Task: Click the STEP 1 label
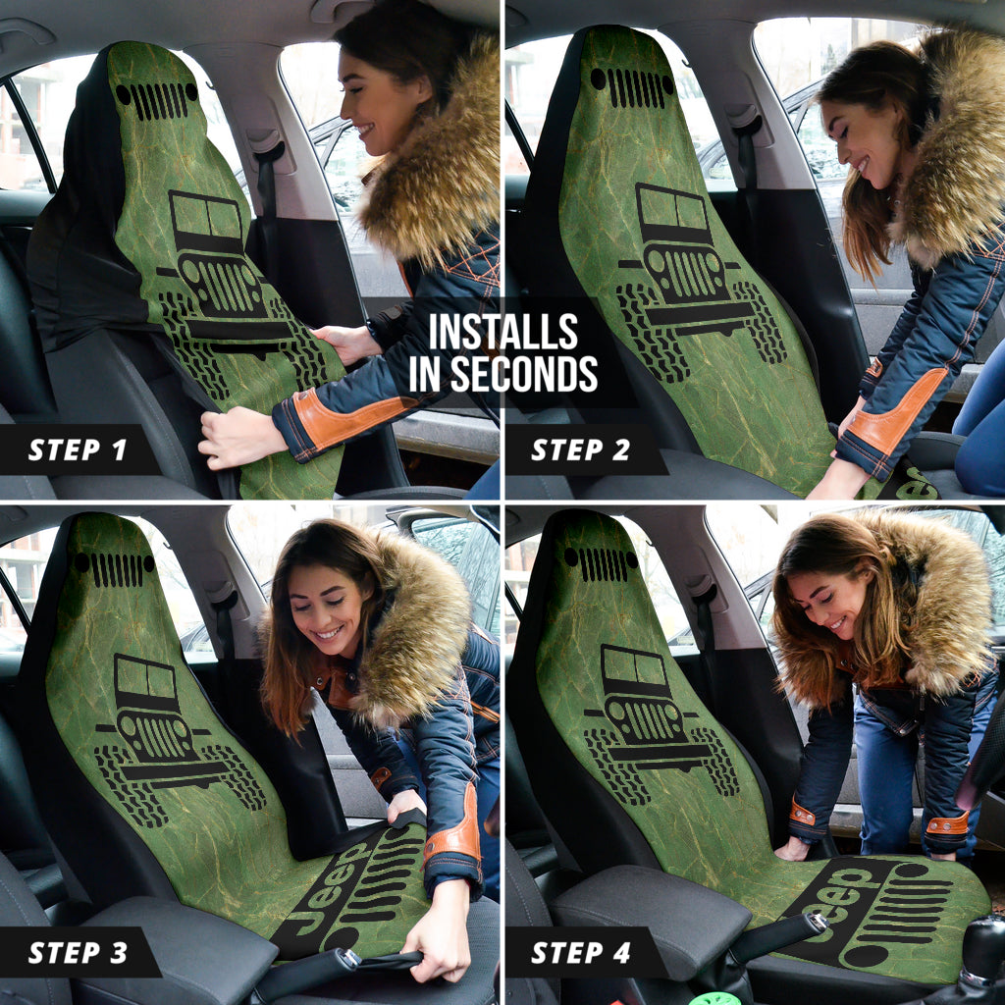(x=77, y=450)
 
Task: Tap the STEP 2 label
(x=581, y=450)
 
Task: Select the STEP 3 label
(x=78, y=952)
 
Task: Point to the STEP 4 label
(x=581, y=952)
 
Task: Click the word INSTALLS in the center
(x=503, y=332)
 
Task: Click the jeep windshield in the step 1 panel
(x=206, y=217)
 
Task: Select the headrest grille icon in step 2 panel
(x=632, y=86)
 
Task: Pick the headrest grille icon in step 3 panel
(x=114, y=569)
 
